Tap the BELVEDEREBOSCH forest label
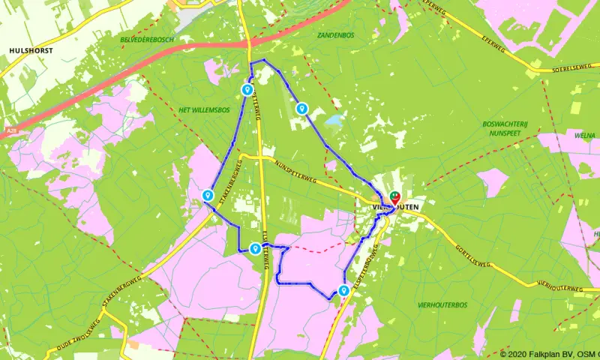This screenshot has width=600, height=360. tap(147, 40)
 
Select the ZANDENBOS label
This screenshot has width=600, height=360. tap(335, 34)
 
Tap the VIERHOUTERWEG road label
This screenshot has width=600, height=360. tap(559, 288)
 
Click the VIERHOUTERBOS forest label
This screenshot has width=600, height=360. tap(442, 305)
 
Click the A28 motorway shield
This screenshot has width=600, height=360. tap(11, 130)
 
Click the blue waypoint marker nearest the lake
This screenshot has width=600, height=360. tap(301, 109)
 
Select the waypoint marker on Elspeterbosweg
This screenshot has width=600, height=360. tap(343, 291)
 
